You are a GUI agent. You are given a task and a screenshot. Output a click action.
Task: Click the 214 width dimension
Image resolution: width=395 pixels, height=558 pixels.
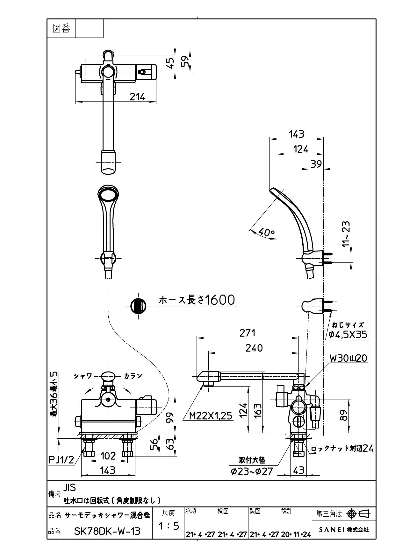(x=137, y=96)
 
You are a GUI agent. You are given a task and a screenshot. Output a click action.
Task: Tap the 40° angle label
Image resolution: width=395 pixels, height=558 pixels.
(x=266, y=232)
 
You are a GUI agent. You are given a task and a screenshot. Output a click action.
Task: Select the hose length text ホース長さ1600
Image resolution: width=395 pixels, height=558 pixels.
(x=197, y=300)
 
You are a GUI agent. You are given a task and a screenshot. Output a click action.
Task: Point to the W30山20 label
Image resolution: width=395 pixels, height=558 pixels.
(x=348, y=358)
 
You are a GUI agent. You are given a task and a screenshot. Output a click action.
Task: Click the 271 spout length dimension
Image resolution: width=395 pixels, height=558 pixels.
(x=248, y=333)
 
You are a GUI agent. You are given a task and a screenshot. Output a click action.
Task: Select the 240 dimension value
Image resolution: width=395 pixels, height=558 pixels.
(x=254, y=348)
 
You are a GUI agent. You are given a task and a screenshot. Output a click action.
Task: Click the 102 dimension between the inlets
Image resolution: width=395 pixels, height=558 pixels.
(x=108, y=456)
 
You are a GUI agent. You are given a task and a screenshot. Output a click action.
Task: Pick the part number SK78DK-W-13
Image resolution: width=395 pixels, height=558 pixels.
(x=107, y=531)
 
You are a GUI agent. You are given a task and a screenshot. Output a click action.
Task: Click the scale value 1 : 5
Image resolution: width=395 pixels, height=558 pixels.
(x=169, y=526)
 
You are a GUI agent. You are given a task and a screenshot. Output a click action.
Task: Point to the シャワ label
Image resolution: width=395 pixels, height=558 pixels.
(x=83, y=376)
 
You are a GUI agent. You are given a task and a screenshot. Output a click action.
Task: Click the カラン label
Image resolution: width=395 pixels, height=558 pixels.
(x=133, y=376)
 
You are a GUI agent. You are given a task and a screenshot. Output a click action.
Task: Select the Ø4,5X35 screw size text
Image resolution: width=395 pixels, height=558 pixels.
(x=348, y=334)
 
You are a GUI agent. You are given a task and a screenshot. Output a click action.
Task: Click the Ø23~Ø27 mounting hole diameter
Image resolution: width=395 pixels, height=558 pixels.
(x=252, y=471)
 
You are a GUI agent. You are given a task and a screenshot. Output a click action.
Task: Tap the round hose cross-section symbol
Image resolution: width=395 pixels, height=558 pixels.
(x=138, y=306)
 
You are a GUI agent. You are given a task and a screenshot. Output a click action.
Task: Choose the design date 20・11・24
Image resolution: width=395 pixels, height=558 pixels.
(x=296, y=534)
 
